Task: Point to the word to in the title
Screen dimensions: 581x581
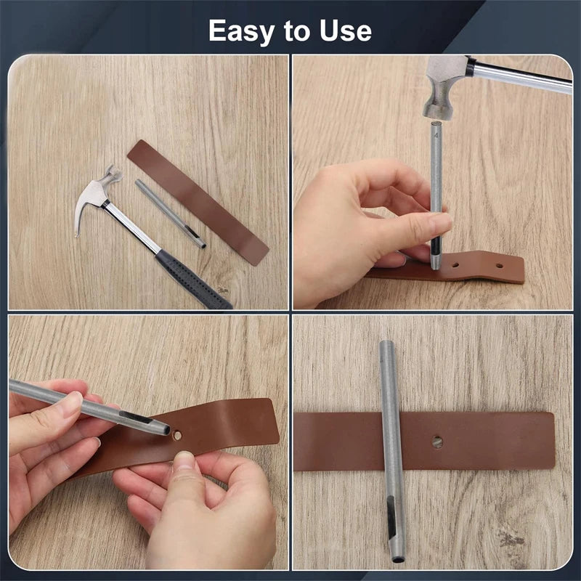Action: click(295, 31)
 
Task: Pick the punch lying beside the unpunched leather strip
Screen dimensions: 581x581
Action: click(171, 214)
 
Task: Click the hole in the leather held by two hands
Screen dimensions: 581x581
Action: click(177, 434)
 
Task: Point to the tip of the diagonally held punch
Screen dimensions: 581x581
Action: click(166, 431)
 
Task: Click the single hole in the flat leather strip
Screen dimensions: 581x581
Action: click(437, 442)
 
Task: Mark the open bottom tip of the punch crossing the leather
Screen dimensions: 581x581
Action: click(398, 558)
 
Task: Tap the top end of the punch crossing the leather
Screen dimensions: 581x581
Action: click(386, 344)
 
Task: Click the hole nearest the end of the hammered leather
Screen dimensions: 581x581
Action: click(499, 267)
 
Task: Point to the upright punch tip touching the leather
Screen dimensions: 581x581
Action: click(435, 266)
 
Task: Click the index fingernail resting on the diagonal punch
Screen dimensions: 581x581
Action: click(72, 402)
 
